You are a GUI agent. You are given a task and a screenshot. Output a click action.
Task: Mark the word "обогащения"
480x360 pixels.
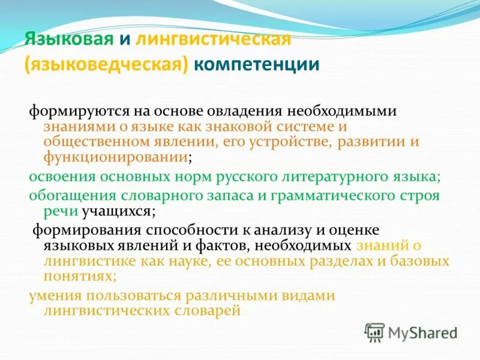(68, 196)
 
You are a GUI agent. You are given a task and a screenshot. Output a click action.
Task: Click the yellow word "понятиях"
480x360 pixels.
(78, 277)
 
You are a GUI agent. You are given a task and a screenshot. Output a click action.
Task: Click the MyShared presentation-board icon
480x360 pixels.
(375, 332)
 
